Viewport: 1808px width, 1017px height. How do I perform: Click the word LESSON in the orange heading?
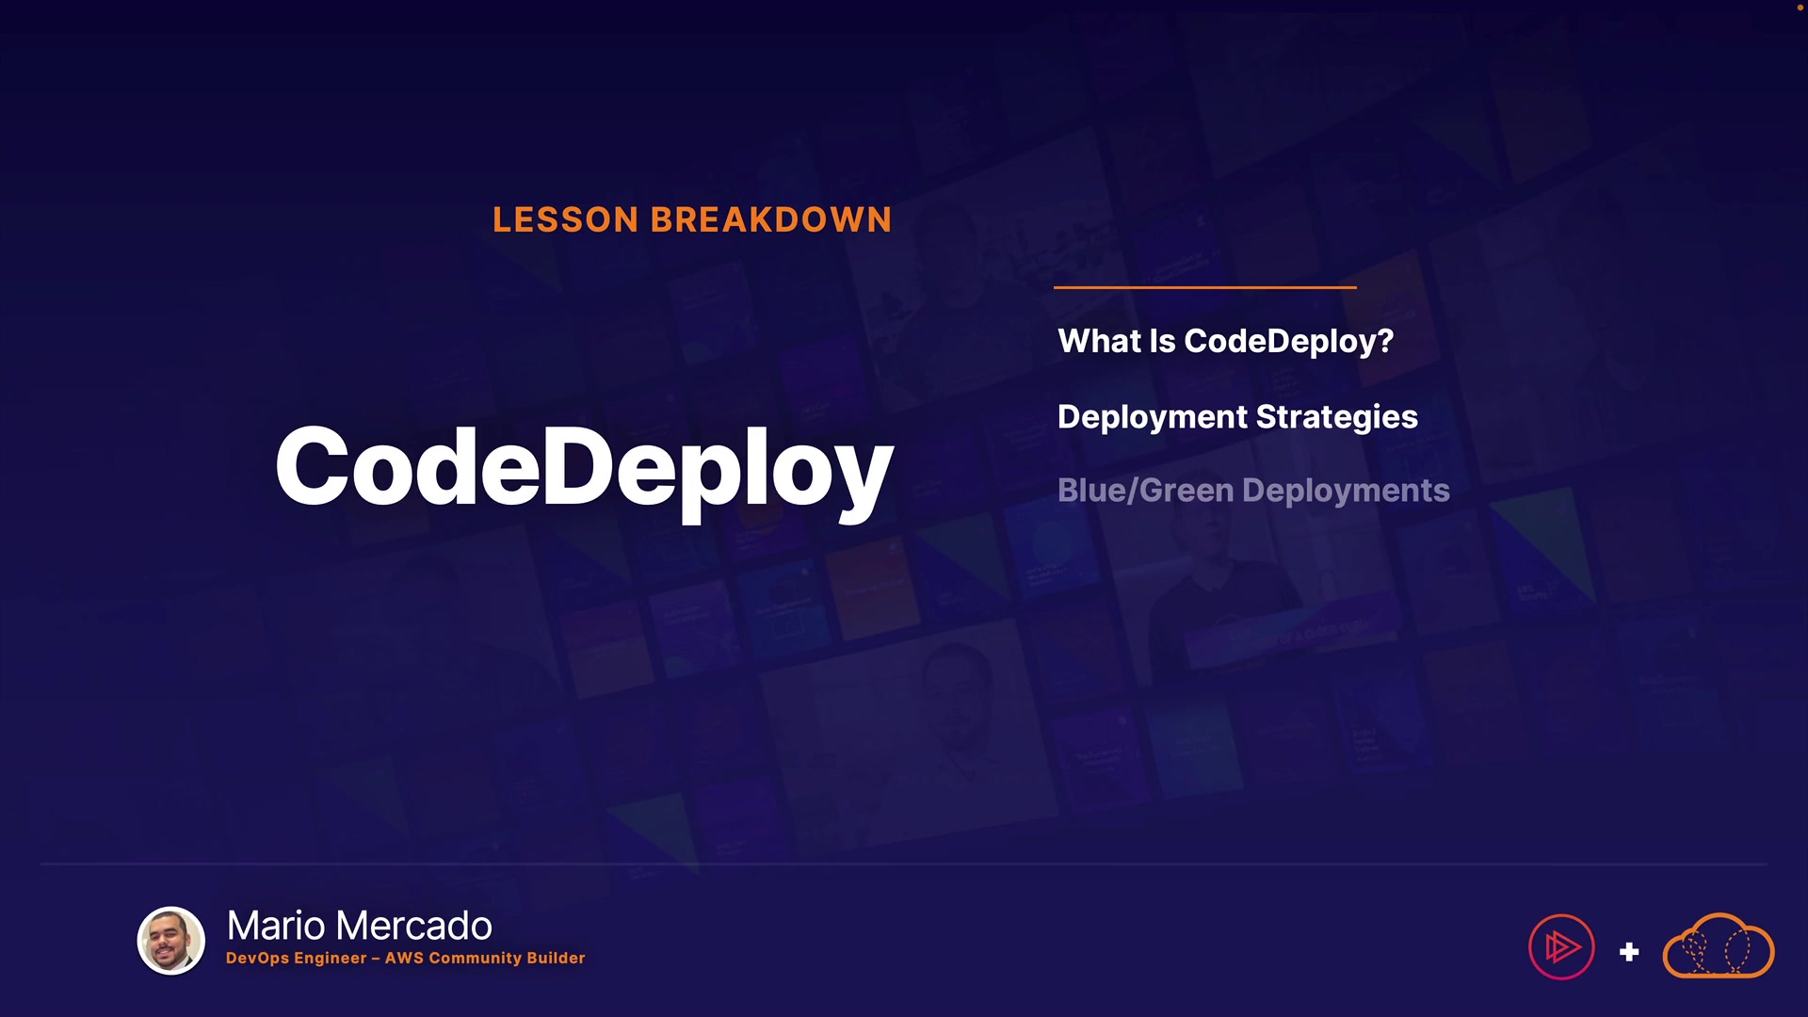(566, 220)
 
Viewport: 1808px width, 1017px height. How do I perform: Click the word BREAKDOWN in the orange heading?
(771, 220)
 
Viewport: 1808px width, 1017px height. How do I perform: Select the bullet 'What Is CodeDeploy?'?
(1225, 342)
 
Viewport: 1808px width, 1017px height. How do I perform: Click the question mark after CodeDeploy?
(1384, 341)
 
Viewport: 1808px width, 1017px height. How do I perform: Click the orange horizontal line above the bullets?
(1205, 287)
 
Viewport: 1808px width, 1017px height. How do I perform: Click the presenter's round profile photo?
(171, 941)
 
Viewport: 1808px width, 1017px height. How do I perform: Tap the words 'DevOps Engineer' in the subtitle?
(297, 959)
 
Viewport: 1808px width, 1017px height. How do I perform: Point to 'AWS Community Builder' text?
(485, 958)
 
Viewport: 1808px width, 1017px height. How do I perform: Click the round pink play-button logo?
(1561, 947)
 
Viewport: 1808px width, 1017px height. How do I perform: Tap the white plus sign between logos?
(1629, 952)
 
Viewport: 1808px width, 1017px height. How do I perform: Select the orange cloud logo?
(1719, 945)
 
